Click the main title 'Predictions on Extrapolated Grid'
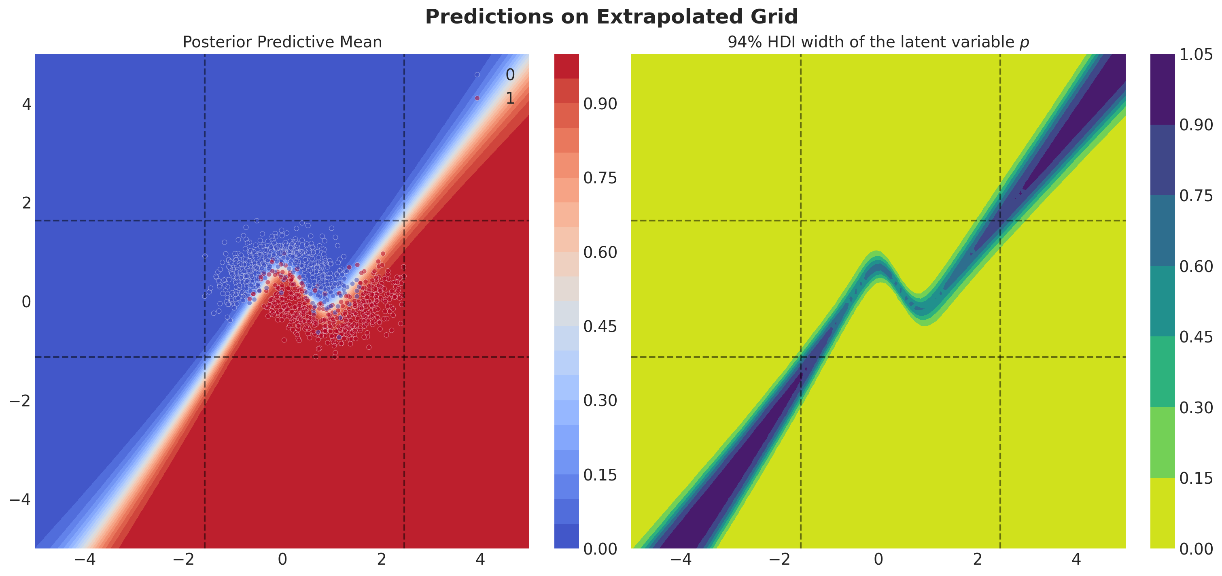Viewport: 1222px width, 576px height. [x=611, y=17]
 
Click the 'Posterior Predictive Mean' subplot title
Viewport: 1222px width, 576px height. [x=282, y=42]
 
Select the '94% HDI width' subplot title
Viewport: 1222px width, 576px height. [x=878, y=42]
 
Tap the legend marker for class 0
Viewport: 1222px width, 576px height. [x=477, y=75]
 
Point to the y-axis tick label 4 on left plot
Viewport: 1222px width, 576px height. [x=27, y=104]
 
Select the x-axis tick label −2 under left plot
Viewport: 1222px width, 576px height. [x=183, y=560]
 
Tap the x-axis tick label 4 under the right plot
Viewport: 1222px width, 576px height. [x=1076, y=560]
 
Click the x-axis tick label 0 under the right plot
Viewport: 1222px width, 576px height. [x=878, y=560]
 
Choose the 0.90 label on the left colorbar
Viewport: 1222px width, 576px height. [x=600, y=104]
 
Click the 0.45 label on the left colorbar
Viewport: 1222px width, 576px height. [x=600, y=326]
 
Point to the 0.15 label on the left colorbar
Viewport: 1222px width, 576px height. [x=600, y=475]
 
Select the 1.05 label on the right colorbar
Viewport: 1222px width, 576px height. [x=1196, y=55]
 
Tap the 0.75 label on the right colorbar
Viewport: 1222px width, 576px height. [x=1196, y=196]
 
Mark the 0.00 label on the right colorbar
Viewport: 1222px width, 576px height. [x=1196, y=549]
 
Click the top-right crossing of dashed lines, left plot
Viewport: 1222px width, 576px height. [x=404, y=221]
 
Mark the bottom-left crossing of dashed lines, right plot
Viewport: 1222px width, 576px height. [x=801, y=357]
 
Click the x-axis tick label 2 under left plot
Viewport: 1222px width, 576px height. [x=382, y=560]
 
